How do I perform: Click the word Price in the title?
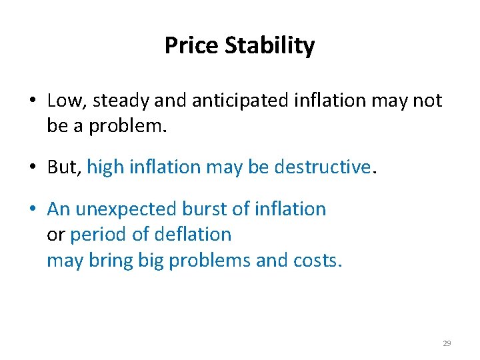coord(192,46)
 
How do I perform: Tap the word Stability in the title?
coord(270,46)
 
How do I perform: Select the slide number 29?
coord(447,343)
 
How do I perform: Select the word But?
coord(63,167)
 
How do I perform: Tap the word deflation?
coord(193,235)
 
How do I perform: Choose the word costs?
coord(317,261)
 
